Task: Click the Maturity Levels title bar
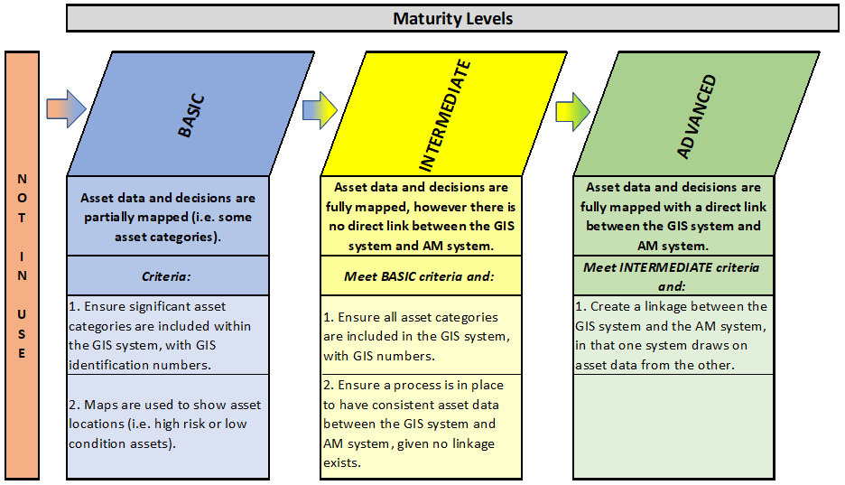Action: pyautogui.click(x=452, y=18)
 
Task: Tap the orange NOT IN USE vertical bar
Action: pyautogui.click(x=22, y=266)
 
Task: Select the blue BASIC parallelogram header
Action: pyautogui.click(x=190, y=114)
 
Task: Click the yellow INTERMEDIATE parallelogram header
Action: pyautogui.click(x=444, y=114)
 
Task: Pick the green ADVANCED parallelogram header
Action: pyautogui.click(x=696, y=114)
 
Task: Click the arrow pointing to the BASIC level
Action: pyautogui.click(x=66, y=109)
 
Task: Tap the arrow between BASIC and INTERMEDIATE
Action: pyautogui.click(x=320, y=110)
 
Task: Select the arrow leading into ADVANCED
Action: pyautogui.click(x=573, y=112)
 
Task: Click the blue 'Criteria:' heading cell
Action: pyautogui.click(x=168, y=275)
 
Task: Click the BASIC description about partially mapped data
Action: pyautogui.click(x=168, y=216)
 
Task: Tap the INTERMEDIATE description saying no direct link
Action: pyautogui.click(x=421, y=216)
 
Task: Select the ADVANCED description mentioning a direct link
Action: pyautogui.click(x=673, y=216)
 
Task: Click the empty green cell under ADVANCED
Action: pyautogui.click(x=673, y=426)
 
